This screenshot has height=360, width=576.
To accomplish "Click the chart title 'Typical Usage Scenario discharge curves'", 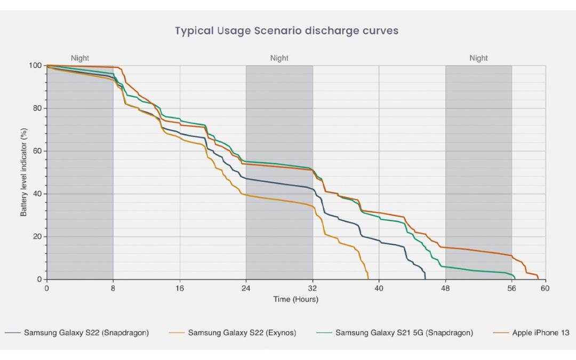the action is click(x=286, y=30).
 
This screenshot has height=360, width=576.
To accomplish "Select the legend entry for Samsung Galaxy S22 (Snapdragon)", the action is click(x=77, y=333).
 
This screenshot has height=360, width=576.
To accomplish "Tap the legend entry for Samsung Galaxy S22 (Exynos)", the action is click(x=233, y=333).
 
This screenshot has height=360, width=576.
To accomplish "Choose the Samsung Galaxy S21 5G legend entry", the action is click(x=395, y=333).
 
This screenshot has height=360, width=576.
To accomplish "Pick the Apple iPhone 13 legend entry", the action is click(x=531, y=333).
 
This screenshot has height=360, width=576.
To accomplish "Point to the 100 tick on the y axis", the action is click(x=35, y=66).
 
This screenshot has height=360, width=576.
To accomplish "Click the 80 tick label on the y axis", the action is click(x=37, y=108).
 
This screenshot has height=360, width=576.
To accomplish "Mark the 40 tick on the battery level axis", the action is click(x=37, y=194).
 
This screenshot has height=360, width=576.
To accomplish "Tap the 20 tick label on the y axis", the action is click(x=37, y=237).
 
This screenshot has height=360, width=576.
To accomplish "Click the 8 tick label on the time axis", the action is click(x=113, y=289).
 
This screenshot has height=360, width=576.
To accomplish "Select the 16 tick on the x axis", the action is click(x=180, y=289).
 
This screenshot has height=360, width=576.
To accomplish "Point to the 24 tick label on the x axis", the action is click(x=246, y=289).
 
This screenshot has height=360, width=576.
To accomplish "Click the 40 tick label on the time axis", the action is click(x=379, y=289).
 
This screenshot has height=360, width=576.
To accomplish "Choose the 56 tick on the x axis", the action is click(x=511, y=289).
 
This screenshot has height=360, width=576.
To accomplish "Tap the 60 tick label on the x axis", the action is click(x=545, y=289).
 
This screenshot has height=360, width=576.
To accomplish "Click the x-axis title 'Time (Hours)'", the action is click(x=295, y=299).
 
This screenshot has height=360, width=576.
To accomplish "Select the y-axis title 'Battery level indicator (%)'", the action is click(x=23, y=172).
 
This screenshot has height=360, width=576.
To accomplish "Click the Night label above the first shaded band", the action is click(x=80, y=58).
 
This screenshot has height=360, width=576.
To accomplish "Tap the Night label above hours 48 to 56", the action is click(x=478, y=58).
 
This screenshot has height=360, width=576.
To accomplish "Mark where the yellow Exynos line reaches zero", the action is click(x=368, y=279).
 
